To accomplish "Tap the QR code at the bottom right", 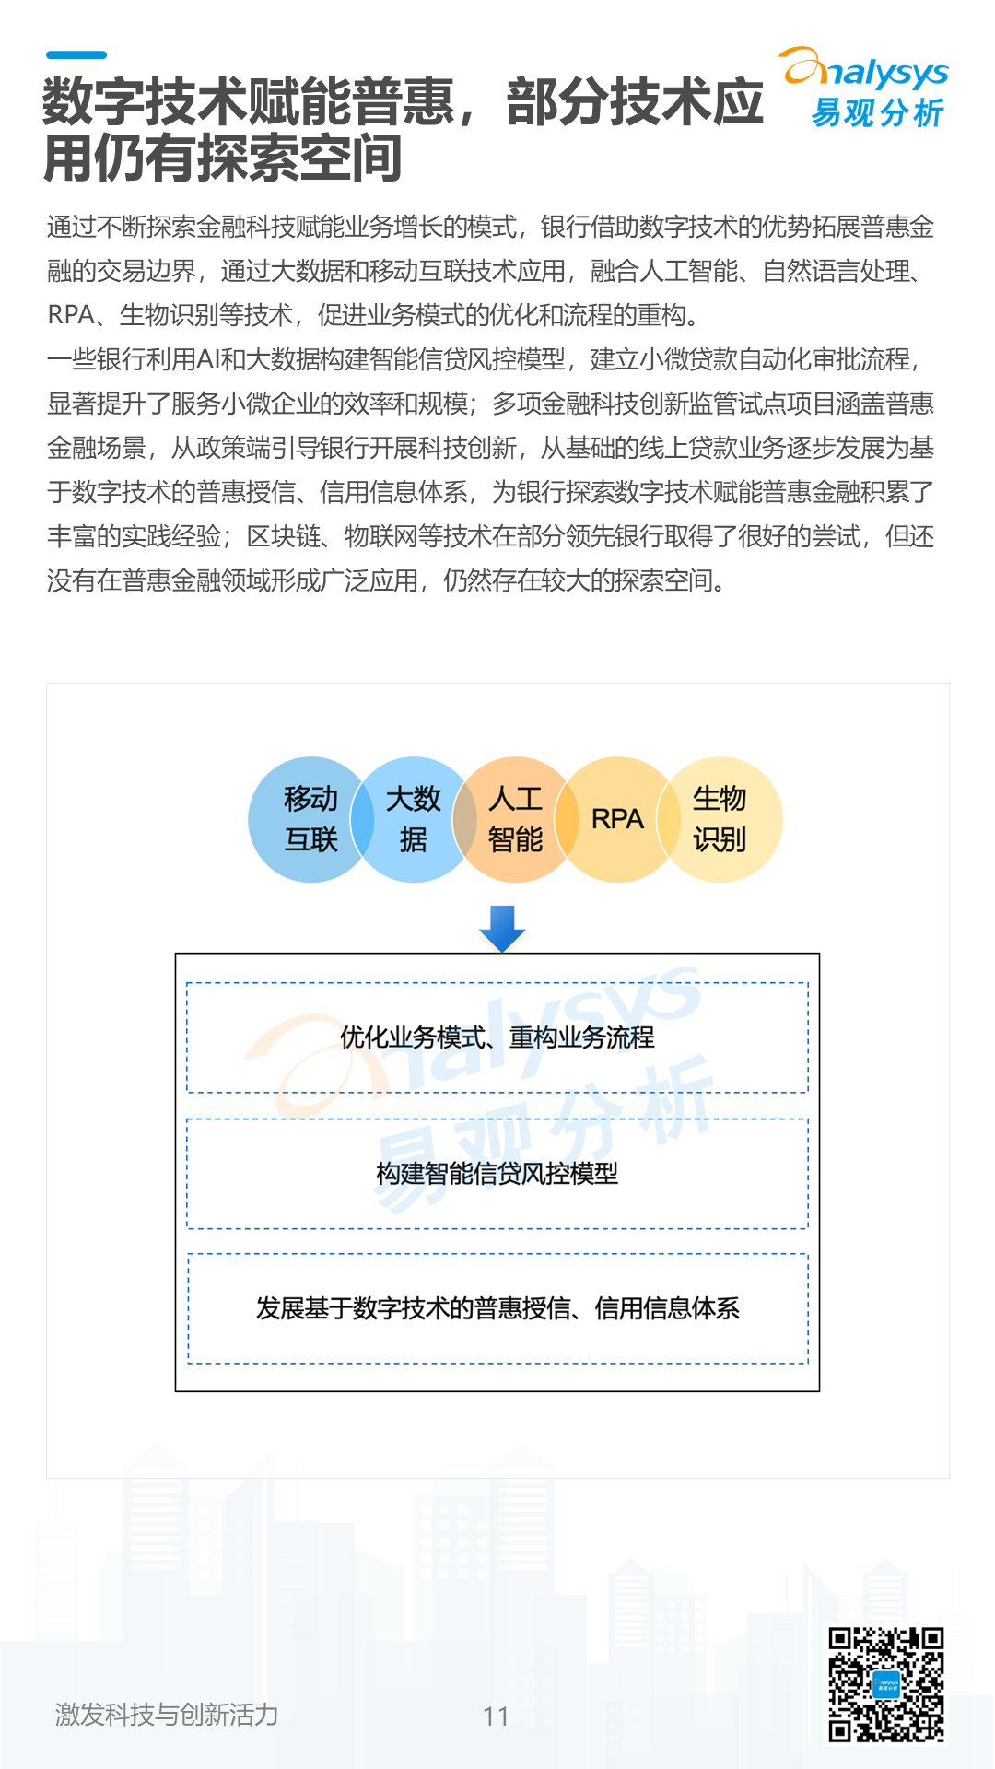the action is click(x=885, y=1684).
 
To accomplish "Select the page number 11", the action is click(x=496, y=1716).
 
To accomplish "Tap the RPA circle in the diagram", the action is click(x=616, y=819).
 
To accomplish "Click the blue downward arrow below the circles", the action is click(x=502, y=928).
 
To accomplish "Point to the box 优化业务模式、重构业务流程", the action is click(x=497, y=1037).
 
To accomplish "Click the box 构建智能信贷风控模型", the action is click(x=497, y=1174).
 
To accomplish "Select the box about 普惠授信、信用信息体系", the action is click(x=497, y=1308).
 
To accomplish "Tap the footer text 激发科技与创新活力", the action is click(x=167, y=1715).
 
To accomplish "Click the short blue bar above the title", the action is click(x=76, y=55).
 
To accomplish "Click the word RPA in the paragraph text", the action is click(x=71, y=315).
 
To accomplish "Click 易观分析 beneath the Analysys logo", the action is click(x=876, y=113).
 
